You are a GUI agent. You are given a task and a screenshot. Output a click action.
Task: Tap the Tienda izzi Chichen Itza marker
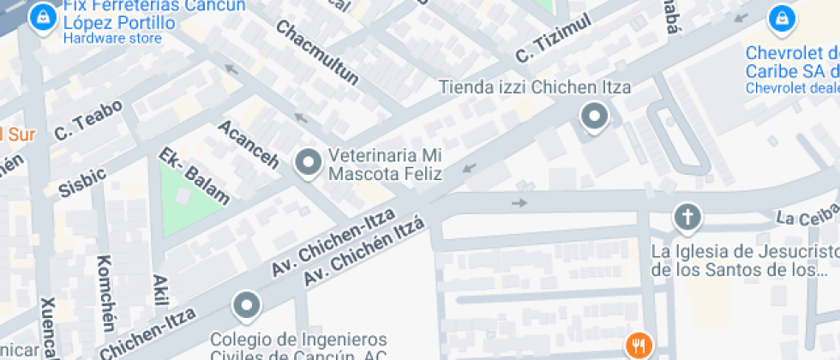click(594, 116)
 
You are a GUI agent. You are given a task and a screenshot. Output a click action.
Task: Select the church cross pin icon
click(687, 216)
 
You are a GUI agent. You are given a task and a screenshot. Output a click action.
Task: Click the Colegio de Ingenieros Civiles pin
click(247, 304)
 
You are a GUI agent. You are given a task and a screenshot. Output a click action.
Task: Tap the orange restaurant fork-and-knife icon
click(639, 345)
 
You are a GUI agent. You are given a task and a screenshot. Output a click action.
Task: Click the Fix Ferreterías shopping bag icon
click(39, 17)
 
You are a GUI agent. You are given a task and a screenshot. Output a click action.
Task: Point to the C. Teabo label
click(88, 119)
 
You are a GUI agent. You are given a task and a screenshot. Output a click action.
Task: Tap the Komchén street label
click(105, 292)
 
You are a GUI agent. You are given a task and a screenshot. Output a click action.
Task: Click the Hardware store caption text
click(112, 39)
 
